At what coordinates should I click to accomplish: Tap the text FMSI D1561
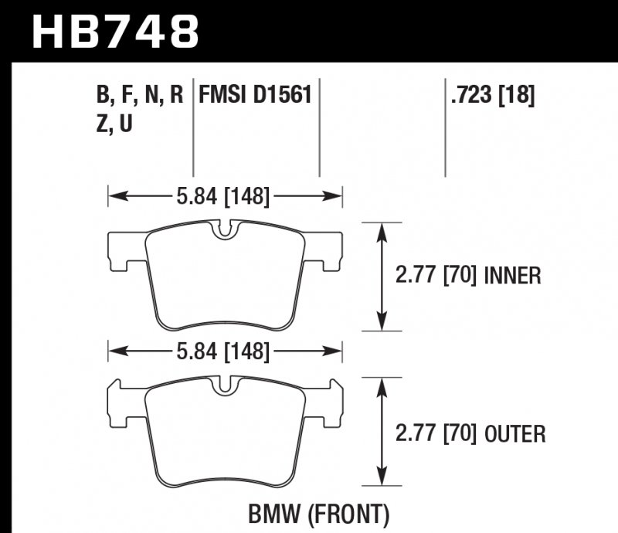pyautogui.click(x=256, y=96)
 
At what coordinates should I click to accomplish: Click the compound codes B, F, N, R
pyautogui.click(x=139, y=96)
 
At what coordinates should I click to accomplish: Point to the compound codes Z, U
pyautogui.click(x=114, y=124)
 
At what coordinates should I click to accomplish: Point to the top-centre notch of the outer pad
pyautogui.click(x=225, y=385)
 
